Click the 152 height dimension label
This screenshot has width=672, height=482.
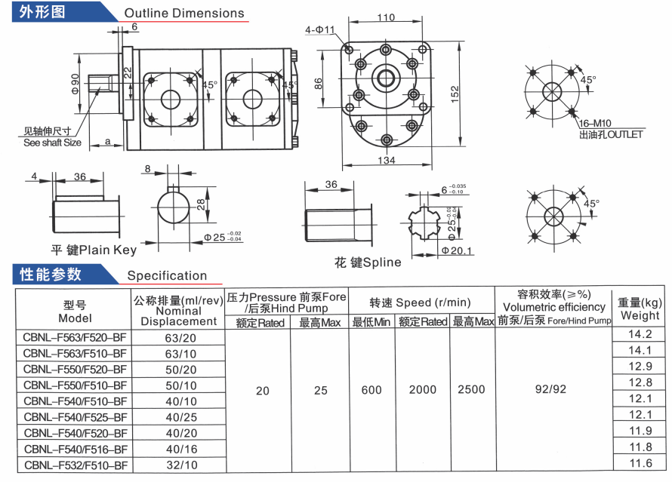point(455,94)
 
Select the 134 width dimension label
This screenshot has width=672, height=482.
point(386,160)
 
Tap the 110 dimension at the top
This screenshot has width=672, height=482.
point(386,17)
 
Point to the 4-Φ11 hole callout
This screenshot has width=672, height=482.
point(319,29)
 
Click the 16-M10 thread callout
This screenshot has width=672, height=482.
point(595,124)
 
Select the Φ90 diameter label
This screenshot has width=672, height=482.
point(76,84)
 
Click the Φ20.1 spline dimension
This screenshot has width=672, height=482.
point(456,250)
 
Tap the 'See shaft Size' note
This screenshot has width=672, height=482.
point(52,143)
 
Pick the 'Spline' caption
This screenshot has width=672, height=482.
point(382,262)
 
